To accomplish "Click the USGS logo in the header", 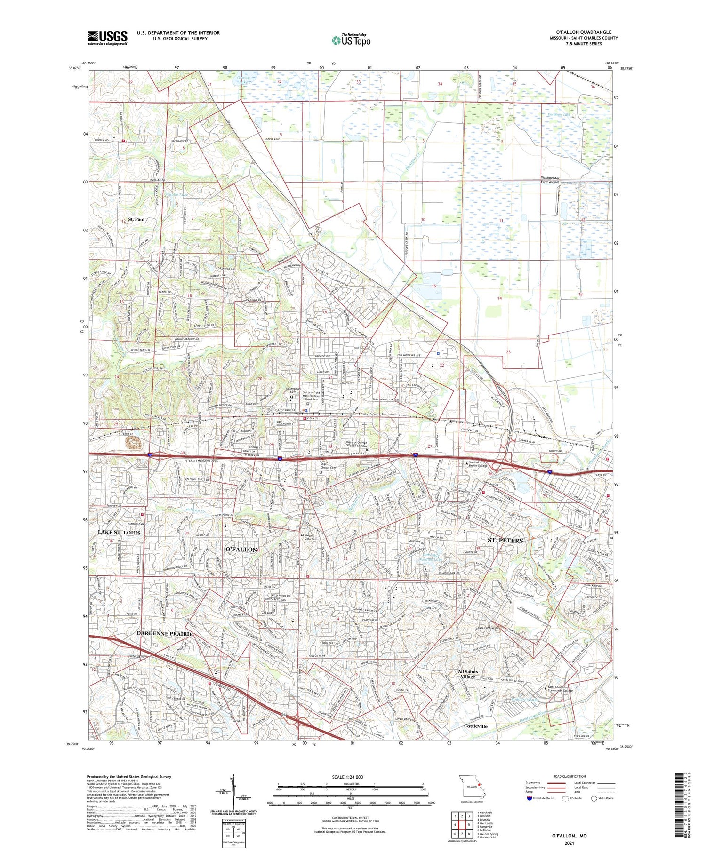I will pos(107,38).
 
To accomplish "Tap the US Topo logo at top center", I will pos(351,40).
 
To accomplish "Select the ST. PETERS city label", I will pos(505,540).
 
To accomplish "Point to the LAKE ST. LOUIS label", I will pos(119,532).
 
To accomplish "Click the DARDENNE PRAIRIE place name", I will pos(165,634).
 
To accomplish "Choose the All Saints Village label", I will pos(468,674).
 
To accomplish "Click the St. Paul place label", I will pos(136,219).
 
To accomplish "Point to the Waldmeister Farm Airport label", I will pos(550,180).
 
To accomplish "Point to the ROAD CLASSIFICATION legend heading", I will pos(569,776).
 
